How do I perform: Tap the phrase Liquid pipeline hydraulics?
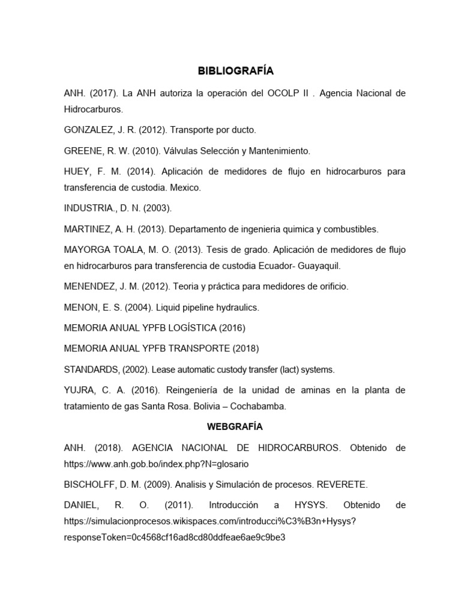pyautogui.click(x=208, y=307)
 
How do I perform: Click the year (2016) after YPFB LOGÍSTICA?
pyautogui.click(x=232, y=328)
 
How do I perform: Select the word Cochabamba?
pyautogui.click(x=259, y=406)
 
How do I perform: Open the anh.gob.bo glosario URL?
pyautogui.click(x=156, y=464)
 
